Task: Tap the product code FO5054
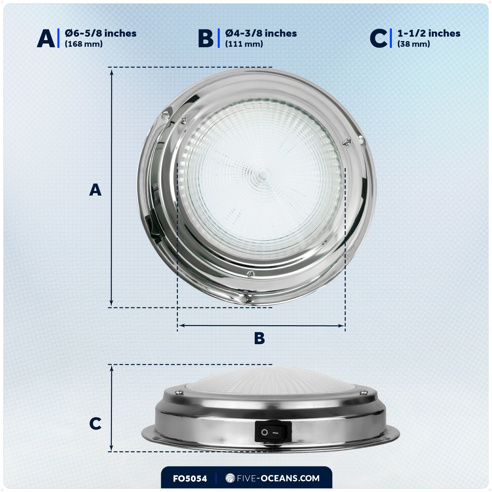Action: click(x=190, y=478)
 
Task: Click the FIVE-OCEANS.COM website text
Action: click(x=278, y=478)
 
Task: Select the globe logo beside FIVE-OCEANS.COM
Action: click(x=230, y=478)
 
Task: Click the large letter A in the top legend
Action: click(x=46, y=38)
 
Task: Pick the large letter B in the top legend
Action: click(x=206, y=39)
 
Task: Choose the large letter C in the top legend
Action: click(x=378, y=39)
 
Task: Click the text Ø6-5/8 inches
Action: click(x=101, y=33)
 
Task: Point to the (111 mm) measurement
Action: click(x=244, y=44)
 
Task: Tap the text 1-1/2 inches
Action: click(x=429, y=33)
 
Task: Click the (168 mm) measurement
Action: click(x=84, y=44)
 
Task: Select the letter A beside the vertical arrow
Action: click(x=95, y=190)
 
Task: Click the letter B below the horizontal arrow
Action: click(x=260, y=339)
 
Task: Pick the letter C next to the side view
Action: click(x=95, y=424)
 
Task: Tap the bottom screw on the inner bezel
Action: click(x=251, y=274)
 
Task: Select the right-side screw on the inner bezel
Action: click(x=347, y=142)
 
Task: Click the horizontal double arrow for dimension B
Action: click(x=261, y=325)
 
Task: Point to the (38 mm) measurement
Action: click(x=414, y=44)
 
